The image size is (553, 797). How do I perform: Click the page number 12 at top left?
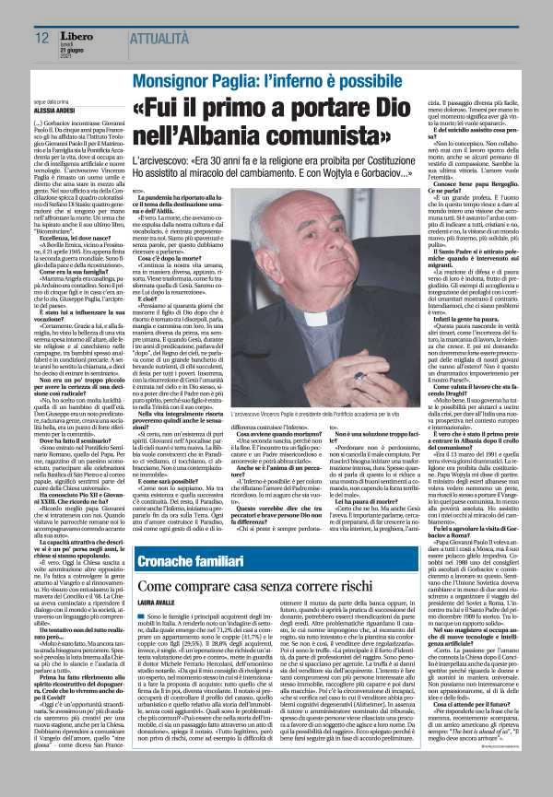[41, 38]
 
